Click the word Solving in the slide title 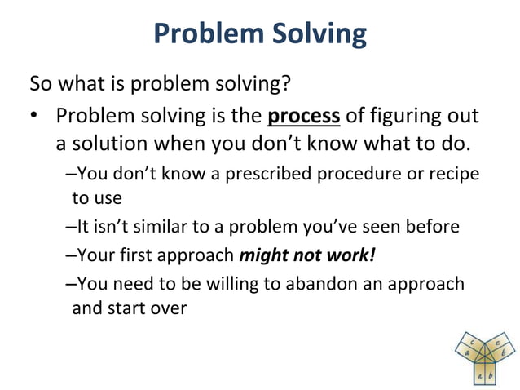tap(316, 34)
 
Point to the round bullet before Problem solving tap(35, 116)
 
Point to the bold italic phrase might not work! tap(307, 255)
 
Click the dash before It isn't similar tap(70, 226)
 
